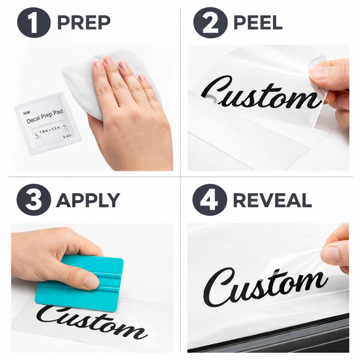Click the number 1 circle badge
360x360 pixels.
pos(34,22)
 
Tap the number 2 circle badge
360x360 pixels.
pos(210,22)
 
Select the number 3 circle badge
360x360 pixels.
pos(34,199)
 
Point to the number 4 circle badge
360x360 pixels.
pos(209,199)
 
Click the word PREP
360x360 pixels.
pos(84,22)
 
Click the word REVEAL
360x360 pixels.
pos(272,200)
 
